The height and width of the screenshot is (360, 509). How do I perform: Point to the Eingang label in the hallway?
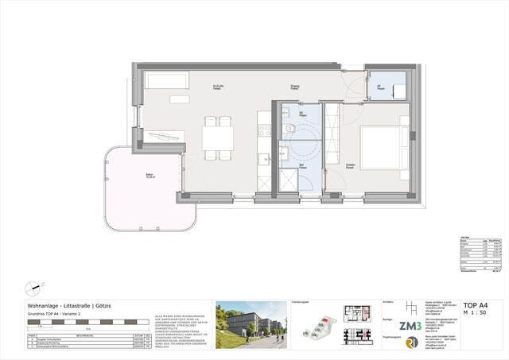295,87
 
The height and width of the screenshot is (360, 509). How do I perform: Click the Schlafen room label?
350,165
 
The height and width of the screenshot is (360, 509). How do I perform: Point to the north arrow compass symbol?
32,287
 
